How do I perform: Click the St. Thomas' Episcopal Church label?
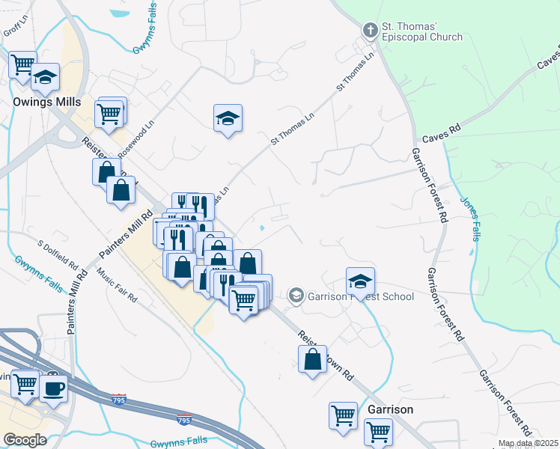[421, 31]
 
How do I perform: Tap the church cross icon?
[369, 31]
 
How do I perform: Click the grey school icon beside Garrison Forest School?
[296, 296]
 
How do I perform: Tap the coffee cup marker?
[53, 388]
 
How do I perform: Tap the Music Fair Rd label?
[118, 287]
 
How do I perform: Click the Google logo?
[24, 439]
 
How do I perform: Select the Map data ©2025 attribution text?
[528, 443]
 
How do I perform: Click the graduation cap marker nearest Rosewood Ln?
[228, 117]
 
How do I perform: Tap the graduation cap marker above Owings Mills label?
[45, 76]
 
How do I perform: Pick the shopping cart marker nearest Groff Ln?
[23, 64]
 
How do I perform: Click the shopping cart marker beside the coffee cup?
[25, 383]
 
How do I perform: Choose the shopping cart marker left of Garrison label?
[343, 414]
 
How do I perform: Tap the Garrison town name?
[390, 410]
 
